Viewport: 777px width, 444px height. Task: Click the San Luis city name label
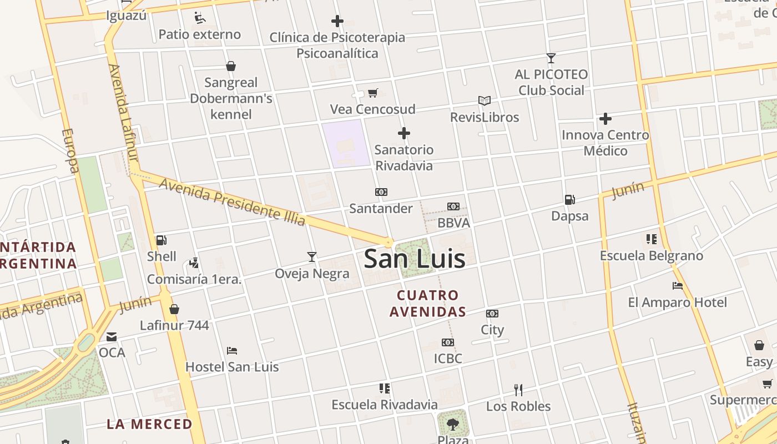415,259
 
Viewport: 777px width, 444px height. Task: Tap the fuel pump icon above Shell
162,240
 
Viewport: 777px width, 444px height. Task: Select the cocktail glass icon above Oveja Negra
312,256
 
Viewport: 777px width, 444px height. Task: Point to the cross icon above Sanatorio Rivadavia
404,133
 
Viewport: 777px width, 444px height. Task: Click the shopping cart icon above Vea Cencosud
373,93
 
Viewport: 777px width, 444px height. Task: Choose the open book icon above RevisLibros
485,100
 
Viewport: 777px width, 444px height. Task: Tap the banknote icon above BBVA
453,206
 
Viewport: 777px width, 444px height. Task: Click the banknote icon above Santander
381,192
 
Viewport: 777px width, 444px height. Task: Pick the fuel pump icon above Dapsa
569,199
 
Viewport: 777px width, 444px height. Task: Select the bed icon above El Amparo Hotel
677,286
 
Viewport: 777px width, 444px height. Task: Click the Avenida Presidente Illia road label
232,201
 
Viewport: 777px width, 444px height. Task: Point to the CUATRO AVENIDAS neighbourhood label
427,303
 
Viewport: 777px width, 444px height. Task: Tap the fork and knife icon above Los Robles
518,390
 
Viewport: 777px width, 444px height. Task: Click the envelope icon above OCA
112,336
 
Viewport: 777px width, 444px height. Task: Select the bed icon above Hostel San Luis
232,350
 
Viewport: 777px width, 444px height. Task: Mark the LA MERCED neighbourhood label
149,425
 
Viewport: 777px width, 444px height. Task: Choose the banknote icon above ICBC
448,342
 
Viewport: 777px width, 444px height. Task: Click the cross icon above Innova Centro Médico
605,119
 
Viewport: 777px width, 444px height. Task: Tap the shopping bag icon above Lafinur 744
174,309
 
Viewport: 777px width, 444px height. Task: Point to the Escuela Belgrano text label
652,256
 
